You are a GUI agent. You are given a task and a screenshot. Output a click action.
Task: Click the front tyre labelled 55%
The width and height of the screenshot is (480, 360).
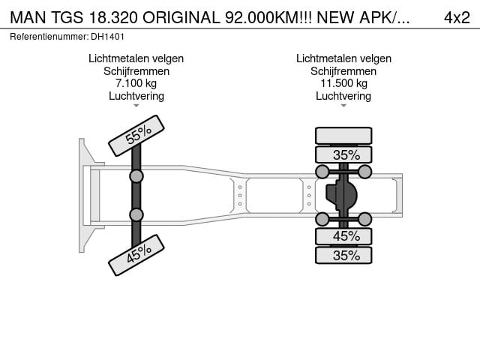click(x=136, y=136)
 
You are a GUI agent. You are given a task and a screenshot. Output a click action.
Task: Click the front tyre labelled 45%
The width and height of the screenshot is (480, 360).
click(x=136, y=255)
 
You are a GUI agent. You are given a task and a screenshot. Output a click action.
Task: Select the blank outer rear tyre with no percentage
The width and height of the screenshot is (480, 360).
click(x=343, y=136)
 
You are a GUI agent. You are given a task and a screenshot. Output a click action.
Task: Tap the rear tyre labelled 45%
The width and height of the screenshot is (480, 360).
click(x=343, y=236)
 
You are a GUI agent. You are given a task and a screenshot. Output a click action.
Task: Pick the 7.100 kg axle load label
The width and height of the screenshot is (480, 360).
click(x=136, y=83)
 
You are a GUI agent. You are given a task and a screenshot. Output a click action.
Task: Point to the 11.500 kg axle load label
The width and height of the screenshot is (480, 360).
click(x=343, y=83)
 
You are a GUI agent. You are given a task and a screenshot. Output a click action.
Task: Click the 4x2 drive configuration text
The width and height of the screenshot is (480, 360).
click(x=457, y=17)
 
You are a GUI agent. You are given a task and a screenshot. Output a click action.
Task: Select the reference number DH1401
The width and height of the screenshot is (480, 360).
click(x=107, y=37)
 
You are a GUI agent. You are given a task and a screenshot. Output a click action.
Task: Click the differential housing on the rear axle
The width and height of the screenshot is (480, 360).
click(x=341, y=195)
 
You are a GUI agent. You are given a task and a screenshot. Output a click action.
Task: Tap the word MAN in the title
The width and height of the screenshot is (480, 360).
click(x=28, y=17)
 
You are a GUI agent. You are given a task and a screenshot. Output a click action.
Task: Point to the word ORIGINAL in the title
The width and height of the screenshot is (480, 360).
click(x=181, y=17)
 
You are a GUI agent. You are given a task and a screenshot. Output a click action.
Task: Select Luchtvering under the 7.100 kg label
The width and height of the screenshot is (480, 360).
click(x=136, y=96)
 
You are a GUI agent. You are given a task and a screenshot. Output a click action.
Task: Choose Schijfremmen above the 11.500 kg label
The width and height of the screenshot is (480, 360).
click(x=343, y=71)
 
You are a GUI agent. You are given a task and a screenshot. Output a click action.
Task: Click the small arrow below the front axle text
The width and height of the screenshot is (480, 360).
click(x=136, y=106)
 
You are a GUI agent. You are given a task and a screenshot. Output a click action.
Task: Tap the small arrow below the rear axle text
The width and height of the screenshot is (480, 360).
click(x=343, y=106)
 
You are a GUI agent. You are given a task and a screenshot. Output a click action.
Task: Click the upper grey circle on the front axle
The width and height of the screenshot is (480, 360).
click(x=136, y=176)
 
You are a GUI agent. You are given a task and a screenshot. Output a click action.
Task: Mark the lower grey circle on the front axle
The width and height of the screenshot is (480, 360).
click(x=136, y=215)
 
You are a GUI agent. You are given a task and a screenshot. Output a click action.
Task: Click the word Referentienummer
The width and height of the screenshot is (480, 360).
click(x=49, y=37)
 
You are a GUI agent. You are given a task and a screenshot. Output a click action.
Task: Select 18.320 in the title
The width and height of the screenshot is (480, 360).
click(x=113, y=17)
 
